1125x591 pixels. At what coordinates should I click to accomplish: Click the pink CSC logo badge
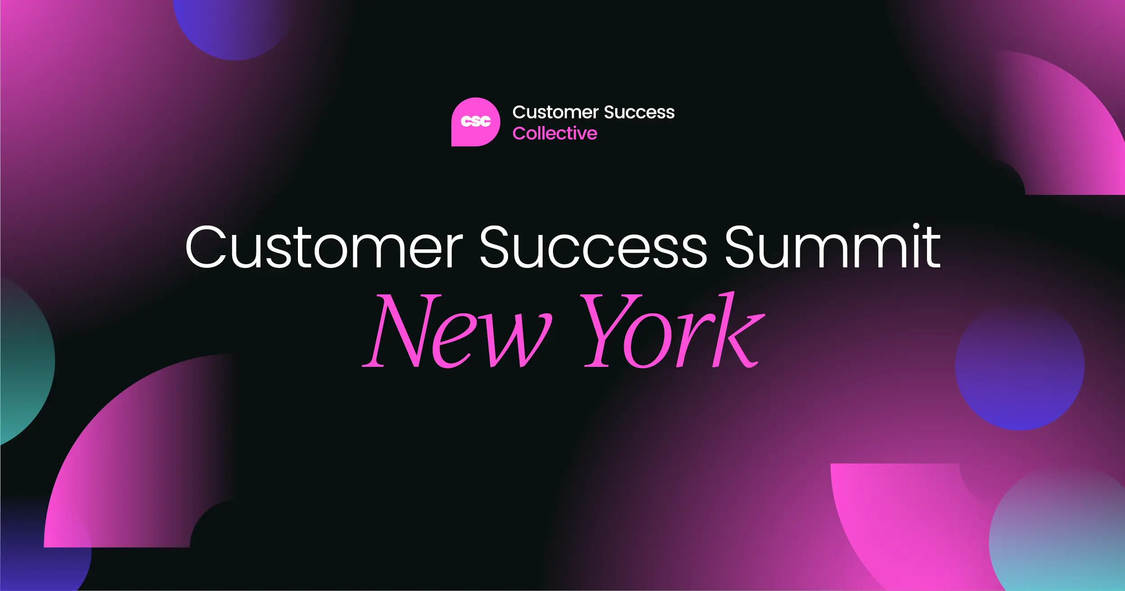click(476, 122)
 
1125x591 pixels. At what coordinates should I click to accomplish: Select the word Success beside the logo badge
click(639, 112)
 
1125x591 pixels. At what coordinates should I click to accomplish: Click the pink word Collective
click(555, 133)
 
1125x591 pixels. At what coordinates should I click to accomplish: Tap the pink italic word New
click(457, 330)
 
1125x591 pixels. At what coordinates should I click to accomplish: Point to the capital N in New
click(396, 330)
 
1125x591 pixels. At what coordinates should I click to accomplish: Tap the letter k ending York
click(738, 329)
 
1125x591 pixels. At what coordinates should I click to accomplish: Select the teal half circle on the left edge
click(25, 360)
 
